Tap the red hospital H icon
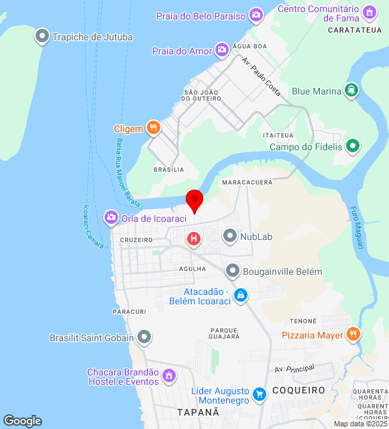[194, 239]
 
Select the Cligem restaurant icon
[154, 127]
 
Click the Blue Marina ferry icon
[351, 90]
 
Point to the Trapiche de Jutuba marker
[42, 37]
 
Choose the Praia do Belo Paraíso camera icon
[256, 15]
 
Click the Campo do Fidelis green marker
[353, 145]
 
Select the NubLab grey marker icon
[230, 236]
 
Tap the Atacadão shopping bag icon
[241, 294]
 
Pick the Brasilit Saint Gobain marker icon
[144, 337]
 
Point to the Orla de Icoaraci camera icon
[111, 217]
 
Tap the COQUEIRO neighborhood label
[298, 389]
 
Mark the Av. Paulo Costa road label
[262, 76]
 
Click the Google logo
[22, 421]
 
